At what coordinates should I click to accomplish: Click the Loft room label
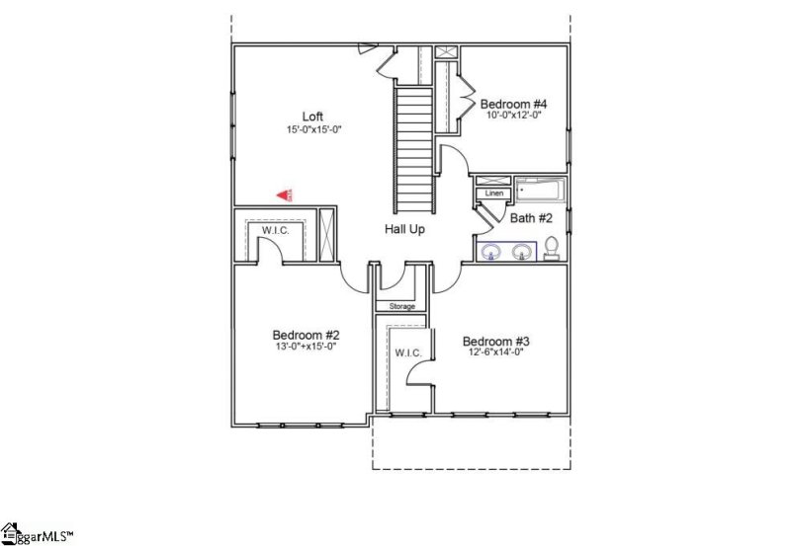coord(312,116)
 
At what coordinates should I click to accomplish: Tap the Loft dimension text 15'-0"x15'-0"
coord(312,129)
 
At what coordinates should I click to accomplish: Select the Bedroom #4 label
coord(513,104)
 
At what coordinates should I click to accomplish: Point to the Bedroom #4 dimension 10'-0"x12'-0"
coord(513,116)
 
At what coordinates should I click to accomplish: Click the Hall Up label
coord(407,229)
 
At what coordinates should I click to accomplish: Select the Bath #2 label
coord(531,217)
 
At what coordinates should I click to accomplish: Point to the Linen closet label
coord(494,193)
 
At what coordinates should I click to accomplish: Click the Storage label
coord(401,306)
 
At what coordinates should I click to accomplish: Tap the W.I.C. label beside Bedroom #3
coord(408,352)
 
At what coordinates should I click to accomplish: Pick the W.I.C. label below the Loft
coord(275,230)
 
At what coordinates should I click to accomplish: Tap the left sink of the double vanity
coord(491,252)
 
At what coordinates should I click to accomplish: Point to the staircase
coord(414,148)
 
